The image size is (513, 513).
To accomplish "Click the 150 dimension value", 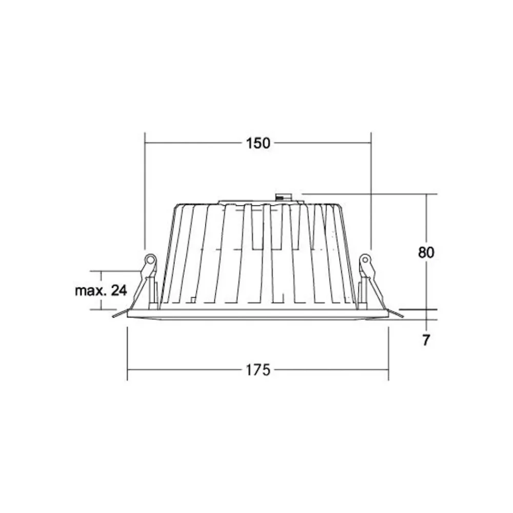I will click(258, 143).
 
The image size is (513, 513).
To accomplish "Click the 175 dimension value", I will click(258, 369).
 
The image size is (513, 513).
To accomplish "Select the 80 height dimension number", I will click(426, 252).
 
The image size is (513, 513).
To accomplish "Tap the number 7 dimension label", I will click(425, 340).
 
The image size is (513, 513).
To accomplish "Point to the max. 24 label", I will click(101, 290).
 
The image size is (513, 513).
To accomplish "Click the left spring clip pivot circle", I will click(150, 260).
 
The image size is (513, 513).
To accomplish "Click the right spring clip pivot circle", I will click(365, 260).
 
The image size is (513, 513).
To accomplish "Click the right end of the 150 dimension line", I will click(371, 143).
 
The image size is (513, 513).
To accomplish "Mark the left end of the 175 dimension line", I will click(127, 369).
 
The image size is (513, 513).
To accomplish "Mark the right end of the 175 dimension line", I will click(388, 369).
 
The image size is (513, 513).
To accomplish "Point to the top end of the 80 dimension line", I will click(426, 194).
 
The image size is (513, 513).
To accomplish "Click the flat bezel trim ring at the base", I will click(258, 314).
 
